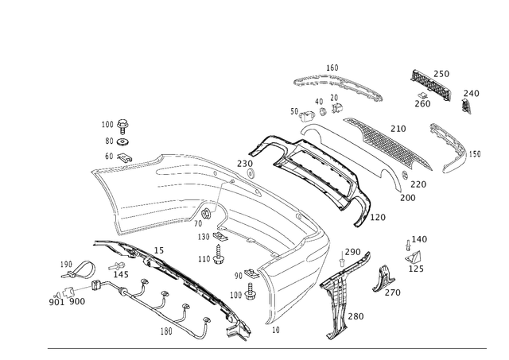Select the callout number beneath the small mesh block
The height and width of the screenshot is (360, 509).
tap(422, 101)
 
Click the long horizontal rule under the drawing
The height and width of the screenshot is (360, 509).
tap(270, 348)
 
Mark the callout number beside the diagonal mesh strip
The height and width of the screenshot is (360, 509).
tap(398, 127)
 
